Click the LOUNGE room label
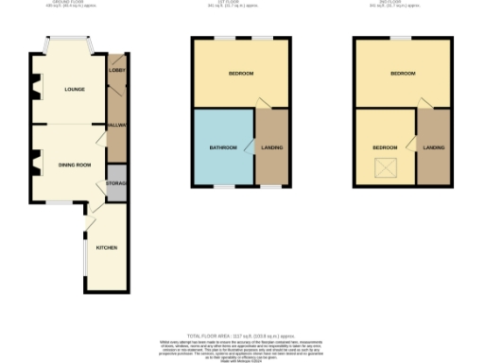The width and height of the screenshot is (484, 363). click(75, 90)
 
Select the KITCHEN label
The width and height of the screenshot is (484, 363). click(106, 248)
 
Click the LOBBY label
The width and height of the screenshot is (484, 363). click(117, 71)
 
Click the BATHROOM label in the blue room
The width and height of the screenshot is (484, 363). click(224, 148)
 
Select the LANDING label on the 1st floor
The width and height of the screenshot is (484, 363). click(272, 148)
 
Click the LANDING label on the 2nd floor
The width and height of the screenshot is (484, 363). click(434, 148)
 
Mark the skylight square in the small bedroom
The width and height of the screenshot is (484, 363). click(386, 167)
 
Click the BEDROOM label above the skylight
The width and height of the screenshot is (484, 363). click(385, 148)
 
